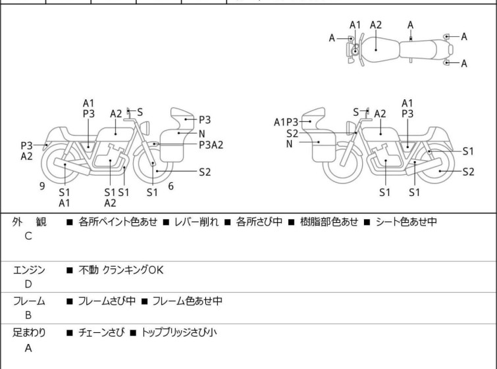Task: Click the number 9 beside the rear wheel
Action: coord(42,186)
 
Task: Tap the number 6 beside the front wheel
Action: coord(171,186)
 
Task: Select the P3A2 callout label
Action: coord(211,145)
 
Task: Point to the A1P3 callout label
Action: coord(286,122)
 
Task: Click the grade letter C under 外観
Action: coord(28,236)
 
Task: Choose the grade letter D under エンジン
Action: coord(28,284)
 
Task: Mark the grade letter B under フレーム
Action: coord(28,315)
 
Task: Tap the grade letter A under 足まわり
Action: coord(28,348)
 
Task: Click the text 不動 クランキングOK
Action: coord(120,270)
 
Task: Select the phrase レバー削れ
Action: coord(197,222)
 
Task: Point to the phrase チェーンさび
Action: coord(101,332)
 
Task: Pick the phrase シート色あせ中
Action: coord(406,222)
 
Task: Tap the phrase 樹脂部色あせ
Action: coord(329,222)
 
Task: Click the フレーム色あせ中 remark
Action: coord(188,301)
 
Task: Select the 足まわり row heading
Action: coord(29,332)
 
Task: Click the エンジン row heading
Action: coord(29,270)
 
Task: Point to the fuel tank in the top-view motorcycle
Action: coord(379,49)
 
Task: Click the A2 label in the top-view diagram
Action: coord(376,25)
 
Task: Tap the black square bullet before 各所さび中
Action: coord(227,222)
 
